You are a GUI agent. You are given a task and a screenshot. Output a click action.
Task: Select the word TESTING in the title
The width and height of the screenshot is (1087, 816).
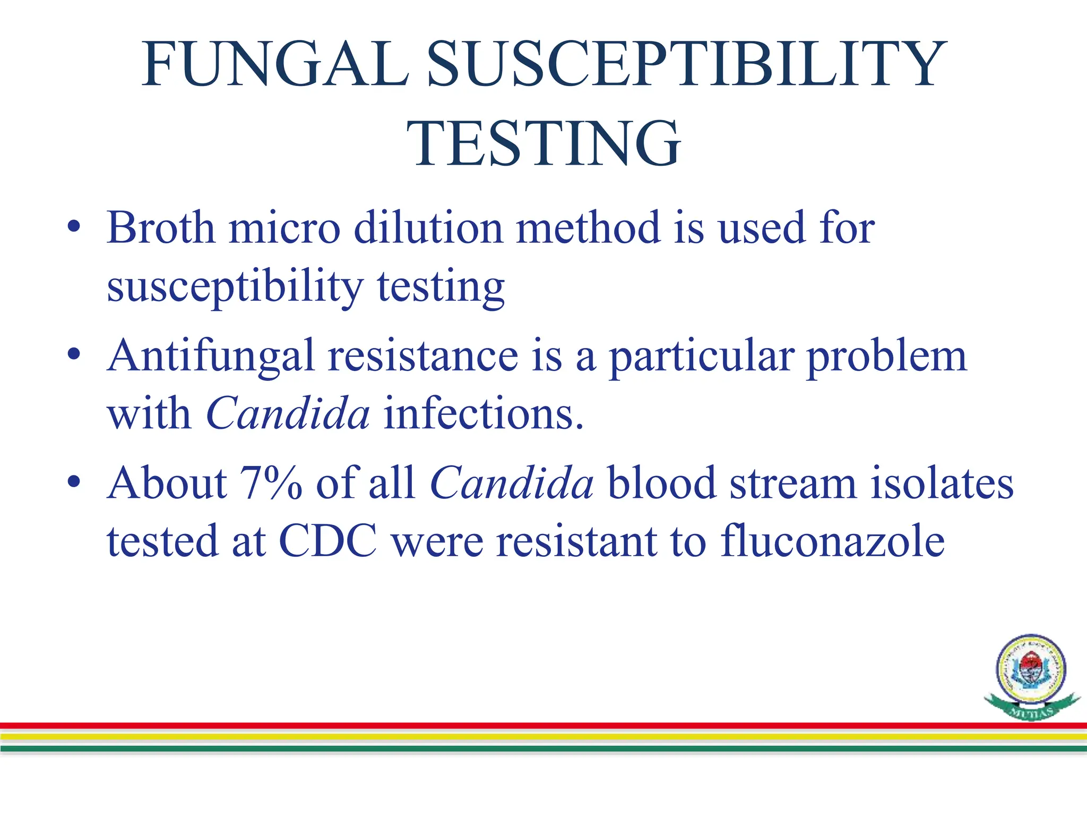[543, 143]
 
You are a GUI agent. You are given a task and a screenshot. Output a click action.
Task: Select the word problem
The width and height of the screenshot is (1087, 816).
[886, 356]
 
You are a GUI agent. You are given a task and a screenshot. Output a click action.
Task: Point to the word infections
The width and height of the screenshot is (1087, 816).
[483, 413]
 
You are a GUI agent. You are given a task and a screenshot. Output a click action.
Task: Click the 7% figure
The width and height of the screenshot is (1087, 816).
[271, 483]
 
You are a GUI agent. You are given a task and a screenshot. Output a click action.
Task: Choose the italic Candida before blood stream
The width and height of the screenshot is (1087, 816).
[512, 483]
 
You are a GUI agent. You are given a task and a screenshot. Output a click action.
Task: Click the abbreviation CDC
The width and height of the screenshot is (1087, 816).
[328, 541]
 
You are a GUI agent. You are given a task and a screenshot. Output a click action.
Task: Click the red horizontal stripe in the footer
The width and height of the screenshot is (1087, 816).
[531, 725]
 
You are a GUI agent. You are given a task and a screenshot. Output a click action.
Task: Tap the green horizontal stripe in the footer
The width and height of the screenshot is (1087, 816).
[531, 749]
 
